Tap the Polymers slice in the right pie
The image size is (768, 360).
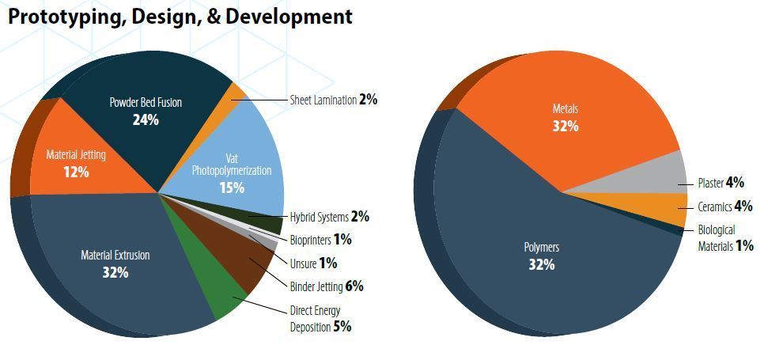click(x=543, y=255)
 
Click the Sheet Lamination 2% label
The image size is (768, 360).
click(x=334, y=100)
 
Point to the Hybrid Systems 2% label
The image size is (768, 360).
click(x=329, y=217)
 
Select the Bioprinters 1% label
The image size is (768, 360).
click(x=320, y=240)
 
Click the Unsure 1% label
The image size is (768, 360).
click(x=313, y=263)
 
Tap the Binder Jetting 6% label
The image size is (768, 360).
click(x=326, y=286)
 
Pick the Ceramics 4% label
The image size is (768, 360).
click(x=725, y=207)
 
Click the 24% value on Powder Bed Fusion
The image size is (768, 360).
click(x=146, y=120)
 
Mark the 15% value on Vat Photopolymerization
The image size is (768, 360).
click(x=232, y=188)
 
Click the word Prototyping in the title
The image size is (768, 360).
click(x=64, y=17)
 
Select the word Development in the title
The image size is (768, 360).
click(x=289, y=17)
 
